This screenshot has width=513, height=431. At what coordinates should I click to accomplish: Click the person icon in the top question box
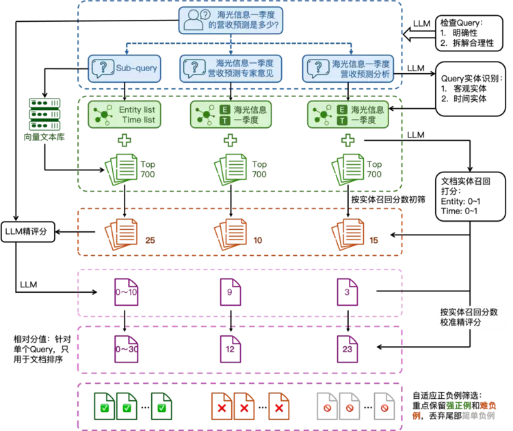tap(192, 20)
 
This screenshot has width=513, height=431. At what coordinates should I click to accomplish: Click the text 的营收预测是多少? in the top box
tap(244, 26)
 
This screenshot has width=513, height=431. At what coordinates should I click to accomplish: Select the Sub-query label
tap(137, 68)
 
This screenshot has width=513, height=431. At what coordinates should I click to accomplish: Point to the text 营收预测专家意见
tap(245, 75)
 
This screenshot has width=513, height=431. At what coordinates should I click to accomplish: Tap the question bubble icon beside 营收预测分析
tap(317, 68)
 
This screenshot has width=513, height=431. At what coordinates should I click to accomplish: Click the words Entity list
tap(137, 109)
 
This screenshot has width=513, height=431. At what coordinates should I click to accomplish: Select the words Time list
tap(138, 120)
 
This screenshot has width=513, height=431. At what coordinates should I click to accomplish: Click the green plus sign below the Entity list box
tap(124, 141)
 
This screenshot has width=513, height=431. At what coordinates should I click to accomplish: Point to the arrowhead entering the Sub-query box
tap(125, 51)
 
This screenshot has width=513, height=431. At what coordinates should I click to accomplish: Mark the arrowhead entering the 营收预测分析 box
tap(351, 51)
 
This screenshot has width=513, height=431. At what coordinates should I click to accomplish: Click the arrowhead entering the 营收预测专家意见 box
tap(233, 51)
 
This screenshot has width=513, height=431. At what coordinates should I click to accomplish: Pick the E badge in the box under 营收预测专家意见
tap(225, 109)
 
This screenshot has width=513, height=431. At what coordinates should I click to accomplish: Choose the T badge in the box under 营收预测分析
tap(341, 120)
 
